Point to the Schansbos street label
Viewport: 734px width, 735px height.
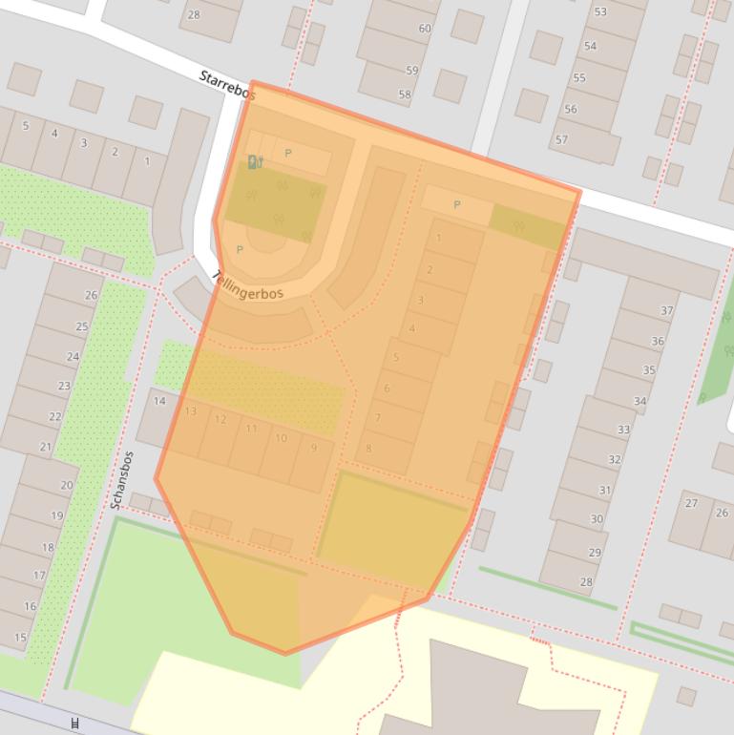121,480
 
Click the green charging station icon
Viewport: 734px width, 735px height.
255,162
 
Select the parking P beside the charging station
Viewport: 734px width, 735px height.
288,153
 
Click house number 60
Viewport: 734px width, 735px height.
425,29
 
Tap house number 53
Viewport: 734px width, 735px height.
600,12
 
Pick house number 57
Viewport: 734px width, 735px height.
561,139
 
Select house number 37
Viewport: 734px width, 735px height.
667,310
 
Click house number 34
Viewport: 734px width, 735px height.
640,401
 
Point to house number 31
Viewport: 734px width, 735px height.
605,491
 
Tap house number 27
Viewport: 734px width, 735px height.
691,503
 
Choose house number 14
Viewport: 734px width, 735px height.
159,401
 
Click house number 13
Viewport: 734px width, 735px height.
191,411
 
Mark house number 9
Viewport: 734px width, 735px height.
313,448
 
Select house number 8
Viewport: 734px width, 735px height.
368,448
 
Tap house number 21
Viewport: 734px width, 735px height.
46,447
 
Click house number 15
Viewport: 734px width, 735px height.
21,637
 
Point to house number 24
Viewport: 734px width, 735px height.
73,357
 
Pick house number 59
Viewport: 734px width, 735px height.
412,71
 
